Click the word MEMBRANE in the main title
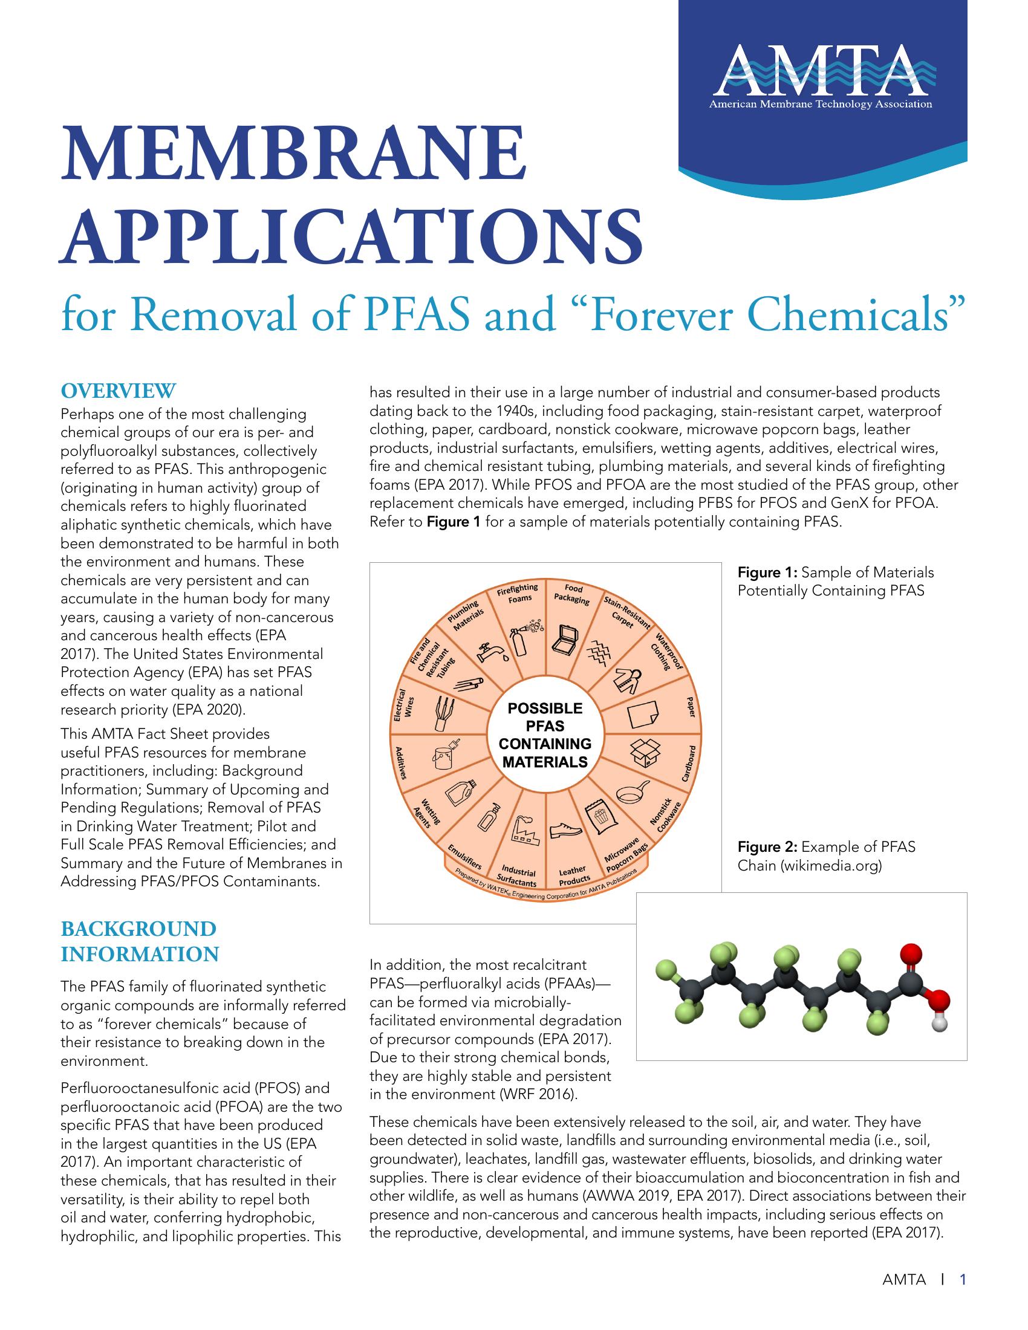click(291, 154)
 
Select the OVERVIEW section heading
click(118, 391)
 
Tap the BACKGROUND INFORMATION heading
click(140, 941)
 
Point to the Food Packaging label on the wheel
click(572, 594)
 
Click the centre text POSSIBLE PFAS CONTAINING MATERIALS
click(544, 735)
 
